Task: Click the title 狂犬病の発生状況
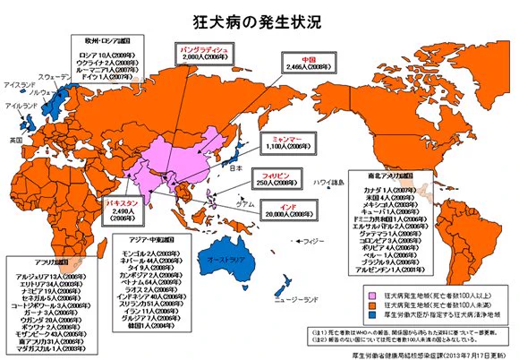pos(259,19)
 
